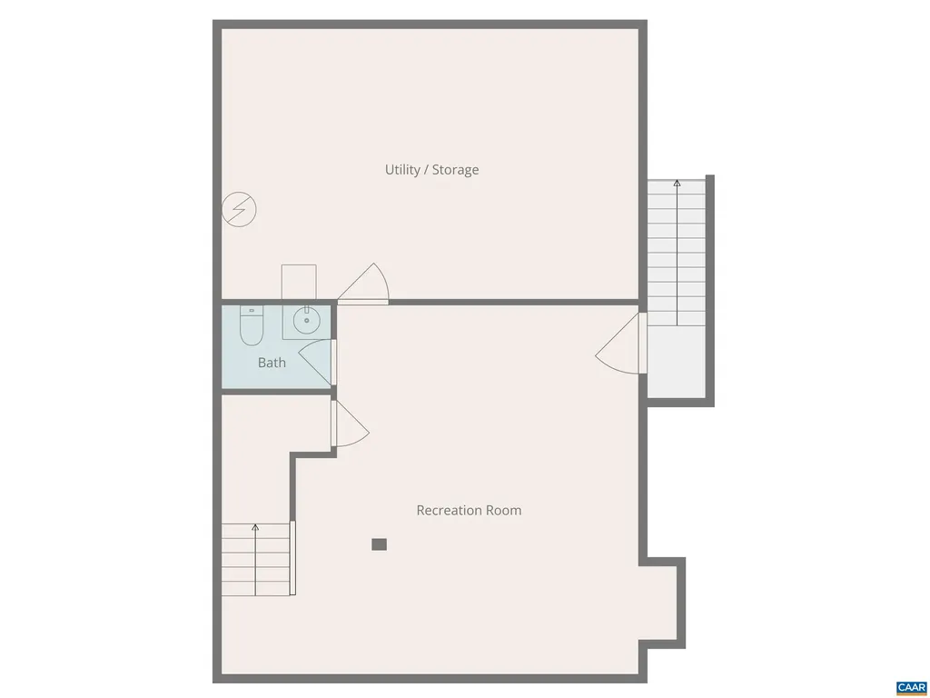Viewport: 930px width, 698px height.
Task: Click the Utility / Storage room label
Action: click(431, 170)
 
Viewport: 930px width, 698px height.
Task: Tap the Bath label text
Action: click(272, 363)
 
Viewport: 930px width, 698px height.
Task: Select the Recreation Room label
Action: click(469, 510)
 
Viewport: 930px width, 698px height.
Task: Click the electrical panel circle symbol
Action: click(240, 210)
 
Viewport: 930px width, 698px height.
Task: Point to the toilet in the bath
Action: click(252, 326)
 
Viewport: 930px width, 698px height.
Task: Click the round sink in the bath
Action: click(306, 319)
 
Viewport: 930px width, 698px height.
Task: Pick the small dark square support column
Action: click(380, 544)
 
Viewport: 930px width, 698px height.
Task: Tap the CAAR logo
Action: click(910, 687)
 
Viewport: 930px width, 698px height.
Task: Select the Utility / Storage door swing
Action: click(367, 284)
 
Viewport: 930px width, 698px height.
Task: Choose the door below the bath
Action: click(351, 424)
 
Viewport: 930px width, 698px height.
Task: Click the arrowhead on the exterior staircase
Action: click(677, 184)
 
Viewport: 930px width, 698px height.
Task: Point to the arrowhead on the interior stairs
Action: click(255, 527)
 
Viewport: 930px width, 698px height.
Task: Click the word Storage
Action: click(455, 170)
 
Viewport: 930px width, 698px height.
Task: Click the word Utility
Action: click(403, 170)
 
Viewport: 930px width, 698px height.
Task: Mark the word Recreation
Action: click(448, 510)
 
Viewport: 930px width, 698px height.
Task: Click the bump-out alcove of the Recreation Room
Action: click(660, 601)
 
